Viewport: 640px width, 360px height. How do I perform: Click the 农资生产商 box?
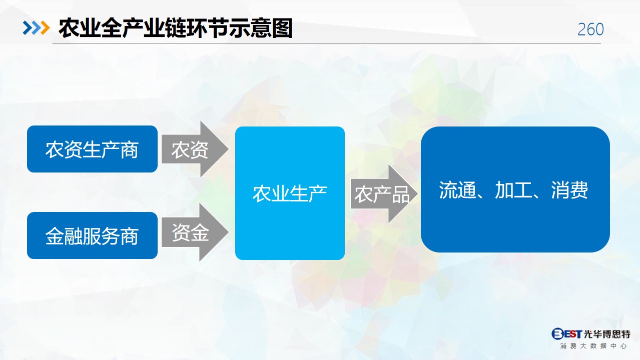tap(92, 149)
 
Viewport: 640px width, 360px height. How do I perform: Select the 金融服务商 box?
tap(92, 235)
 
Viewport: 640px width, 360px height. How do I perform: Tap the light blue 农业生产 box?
tap(290, 193)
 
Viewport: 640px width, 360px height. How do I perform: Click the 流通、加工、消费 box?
tap(515, 189)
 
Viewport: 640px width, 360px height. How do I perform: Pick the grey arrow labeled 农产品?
tap(384, 194)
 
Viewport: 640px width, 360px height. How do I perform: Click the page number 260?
tap(590, 29)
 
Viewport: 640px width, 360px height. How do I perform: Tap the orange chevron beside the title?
tap(45, 28)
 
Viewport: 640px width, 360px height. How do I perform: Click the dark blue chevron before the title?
tap(28, 28)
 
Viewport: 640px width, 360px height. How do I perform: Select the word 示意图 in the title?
tap(261, 28)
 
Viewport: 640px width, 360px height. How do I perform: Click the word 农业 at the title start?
tap(80, 28)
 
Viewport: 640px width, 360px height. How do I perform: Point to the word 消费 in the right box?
tap(569, 190)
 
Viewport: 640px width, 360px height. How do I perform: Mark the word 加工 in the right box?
tap(513, 190)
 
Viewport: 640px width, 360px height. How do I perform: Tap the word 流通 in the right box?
tap(457, 190)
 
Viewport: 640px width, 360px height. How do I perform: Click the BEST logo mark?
tap(566, 333)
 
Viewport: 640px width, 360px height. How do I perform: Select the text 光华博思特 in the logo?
tap(607, 333)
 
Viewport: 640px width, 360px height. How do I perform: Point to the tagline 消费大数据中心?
tap(593, 346)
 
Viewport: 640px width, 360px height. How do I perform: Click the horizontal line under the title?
tap(327, 43)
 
